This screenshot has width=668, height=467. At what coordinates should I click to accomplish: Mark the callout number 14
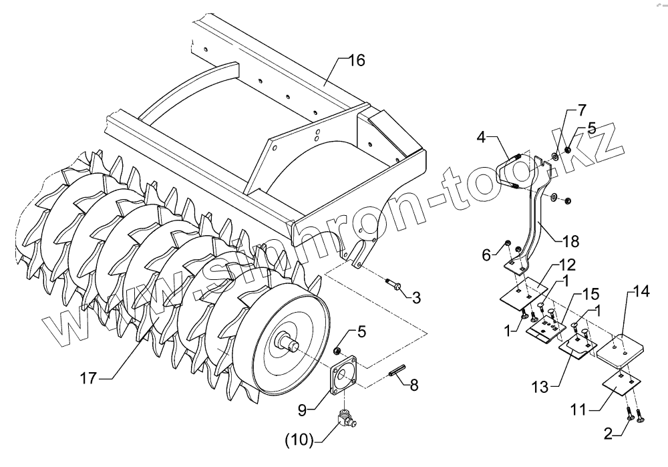641,291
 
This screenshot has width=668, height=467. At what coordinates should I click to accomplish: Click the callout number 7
582,109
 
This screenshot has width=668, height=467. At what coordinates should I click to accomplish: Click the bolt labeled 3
395,285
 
